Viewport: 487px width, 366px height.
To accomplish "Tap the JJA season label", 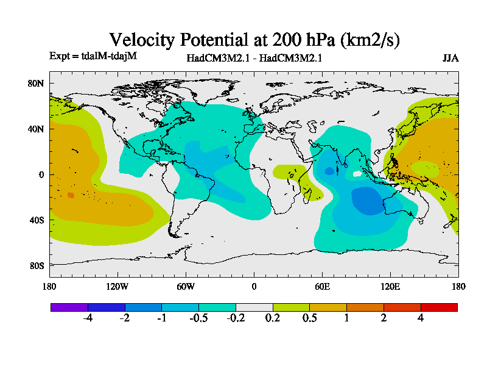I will pyautogui.click(x=450, y=58).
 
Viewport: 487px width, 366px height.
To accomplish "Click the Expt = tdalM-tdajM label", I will pyautogui.click(x=93, y=56).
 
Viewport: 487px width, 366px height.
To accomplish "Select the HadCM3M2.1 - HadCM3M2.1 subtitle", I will pyautogui.click(x=254, y=59).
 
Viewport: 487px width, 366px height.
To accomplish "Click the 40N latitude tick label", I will pyautogui.click(x=37, y=129).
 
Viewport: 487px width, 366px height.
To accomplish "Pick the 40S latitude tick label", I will pyautogui.click(x=37, y=220).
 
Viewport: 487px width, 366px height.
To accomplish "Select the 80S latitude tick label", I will pyautogui.click(x=37, y=266).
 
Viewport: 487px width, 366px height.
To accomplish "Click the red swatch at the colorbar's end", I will pyautogui.click(x=439, y=307).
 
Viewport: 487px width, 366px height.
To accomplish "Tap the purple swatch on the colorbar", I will pyautogui.click(x=69, y=307).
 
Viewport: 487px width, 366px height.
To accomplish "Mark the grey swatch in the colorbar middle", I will pyautogui.click(x=254, y=307).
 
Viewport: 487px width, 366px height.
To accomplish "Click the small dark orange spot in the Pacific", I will pyautogui.click(x=71, y=195).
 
